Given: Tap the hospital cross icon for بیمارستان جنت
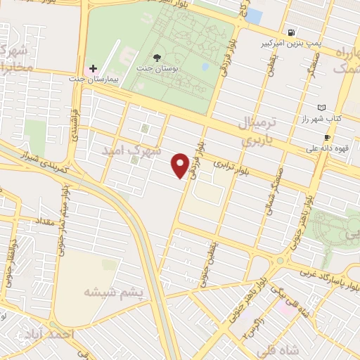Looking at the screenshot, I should coord(93,70).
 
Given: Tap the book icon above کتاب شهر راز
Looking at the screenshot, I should coord(322,107).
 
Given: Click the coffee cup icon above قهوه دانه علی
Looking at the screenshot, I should coord(326,137).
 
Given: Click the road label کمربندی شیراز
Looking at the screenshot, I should coord(38,159).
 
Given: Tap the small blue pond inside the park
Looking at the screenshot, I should coord(205,67).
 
